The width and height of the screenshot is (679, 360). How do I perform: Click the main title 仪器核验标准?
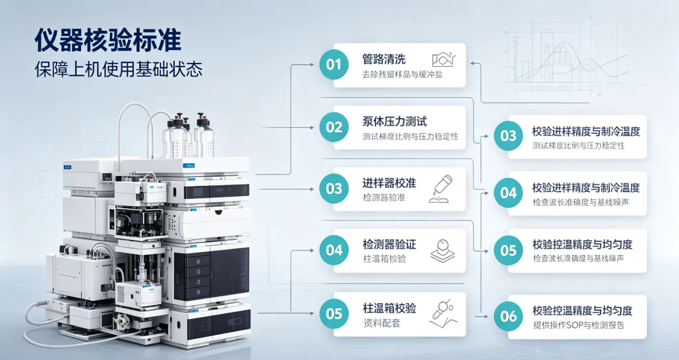point(108,40)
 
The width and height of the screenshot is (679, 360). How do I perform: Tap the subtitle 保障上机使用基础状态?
point(119,69)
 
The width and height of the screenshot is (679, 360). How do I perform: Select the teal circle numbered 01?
point(334,65)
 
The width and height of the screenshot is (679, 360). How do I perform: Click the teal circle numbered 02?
point(334,127)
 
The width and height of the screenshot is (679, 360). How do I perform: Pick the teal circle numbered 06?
point(508,317)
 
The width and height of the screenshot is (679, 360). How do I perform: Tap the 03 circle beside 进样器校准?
point(334,189)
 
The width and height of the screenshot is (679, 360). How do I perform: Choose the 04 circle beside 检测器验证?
point(334,250)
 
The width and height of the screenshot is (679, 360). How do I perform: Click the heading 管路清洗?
point(384,59)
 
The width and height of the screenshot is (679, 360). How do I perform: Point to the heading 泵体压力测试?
point(395,121)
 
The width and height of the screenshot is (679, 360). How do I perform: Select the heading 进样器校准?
point(389,183)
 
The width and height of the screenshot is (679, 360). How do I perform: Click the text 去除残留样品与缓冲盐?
point(402,75)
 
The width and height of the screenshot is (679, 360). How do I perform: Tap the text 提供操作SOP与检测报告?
point(579,325)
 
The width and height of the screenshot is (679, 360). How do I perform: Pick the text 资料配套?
point(382,323)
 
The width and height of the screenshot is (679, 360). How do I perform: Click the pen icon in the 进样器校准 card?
point(441,189)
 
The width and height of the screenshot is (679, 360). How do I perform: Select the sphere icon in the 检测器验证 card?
point(442,251)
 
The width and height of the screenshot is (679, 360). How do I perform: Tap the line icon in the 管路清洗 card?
point(444,59)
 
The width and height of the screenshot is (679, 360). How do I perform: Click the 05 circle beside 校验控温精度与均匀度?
point(508,250)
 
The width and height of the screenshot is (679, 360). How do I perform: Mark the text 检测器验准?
point(384,198)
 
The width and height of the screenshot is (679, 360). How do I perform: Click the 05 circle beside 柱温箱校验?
point(334,314)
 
